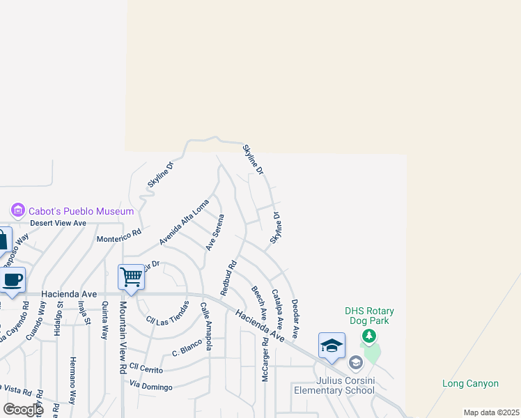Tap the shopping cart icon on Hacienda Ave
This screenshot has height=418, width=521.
(131, 277)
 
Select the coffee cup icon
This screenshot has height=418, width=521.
(13, 280)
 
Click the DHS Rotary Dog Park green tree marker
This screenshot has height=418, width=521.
(369, 337)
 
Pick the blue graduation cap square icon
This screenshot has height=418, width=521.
(332, 346)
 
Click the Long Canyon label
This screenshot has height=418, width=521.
(470, 384)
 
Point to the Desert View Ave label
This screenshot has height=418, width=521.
(58, 223)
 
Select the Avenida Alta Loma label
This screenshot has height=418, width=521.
(184, 222)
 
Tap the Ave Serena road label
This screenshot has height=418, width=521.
(215, 233)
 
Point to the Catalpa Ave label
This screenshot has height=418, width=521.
(277, 309)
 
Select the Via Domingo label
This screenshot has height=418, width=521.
(151, 385)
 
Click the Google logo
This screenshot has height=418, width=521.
(22, 410)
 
